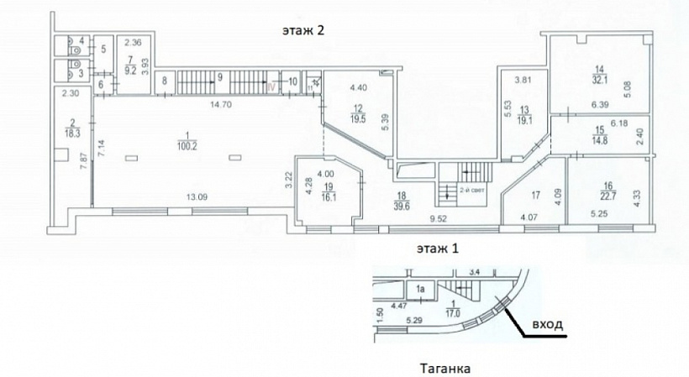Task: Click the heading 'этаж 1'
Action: click(439, 249)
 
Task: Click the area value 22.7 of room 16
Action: click(598, 198)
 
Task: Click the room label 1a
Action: click(423, 290)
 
